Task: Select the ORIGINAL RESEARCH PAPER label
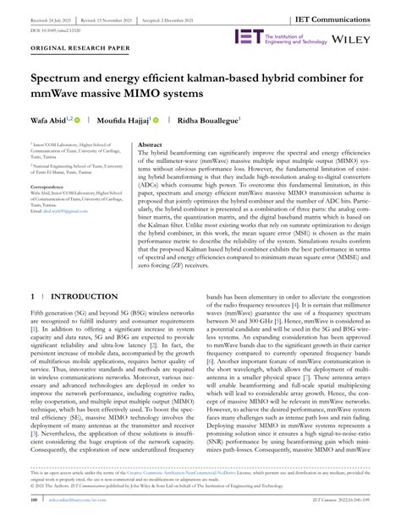pyautogui.click(x=80, y=72)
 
